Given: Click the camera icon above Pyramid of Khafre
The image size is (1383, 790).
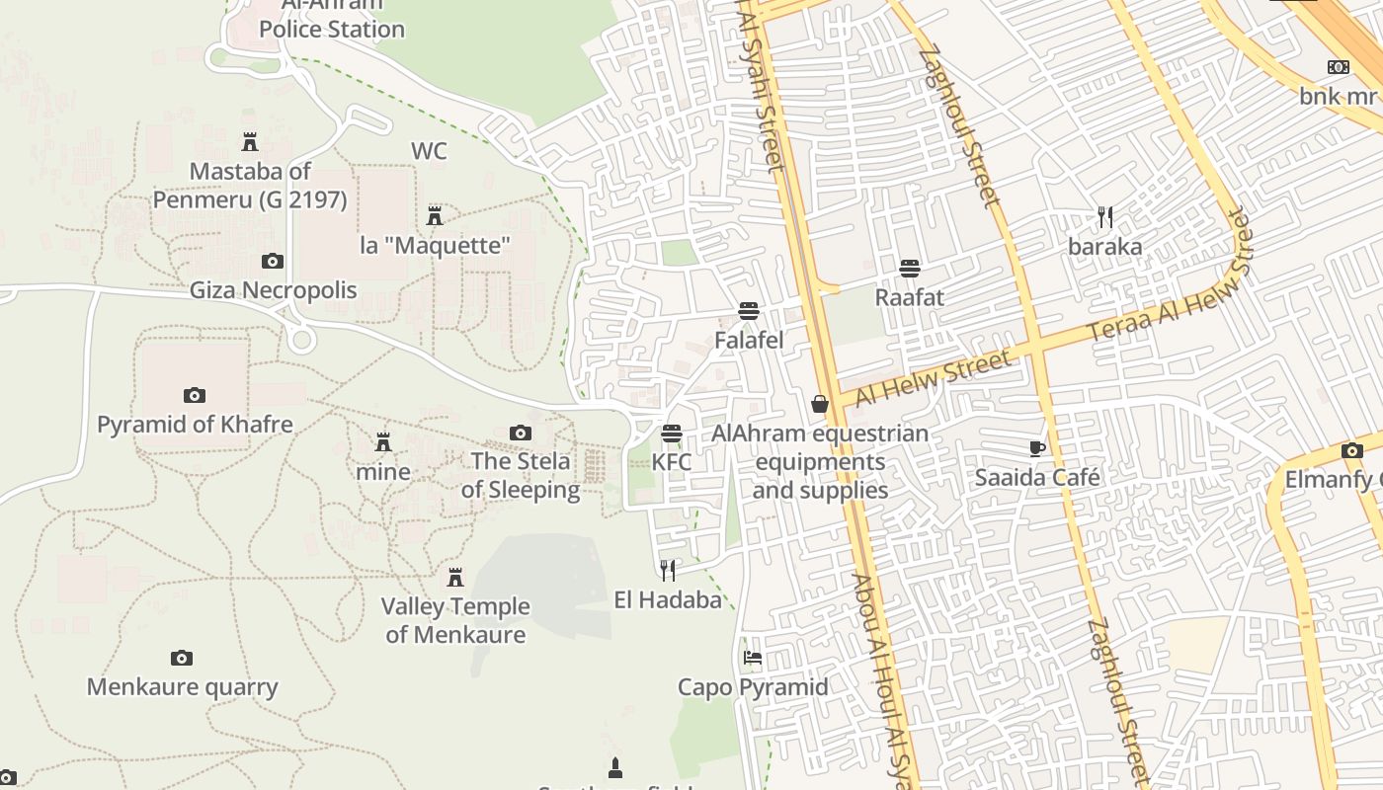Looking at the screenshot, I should pyautogui.click(x=195, y=395).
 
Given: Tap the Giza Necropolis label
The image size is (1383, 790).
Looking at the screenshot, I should pyautogui.click(x=273, y=290).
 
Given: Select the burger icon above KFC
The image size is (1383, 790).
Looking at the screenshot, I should pyautogui.click(x=672, y=433).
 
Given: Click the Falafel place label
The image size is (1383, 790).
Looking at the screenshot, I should pyautogui.click(x=749, y=341).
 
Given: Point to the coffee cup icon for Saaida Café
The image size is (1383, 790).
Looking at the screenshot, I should pyautogui.click(x=1037, y=448).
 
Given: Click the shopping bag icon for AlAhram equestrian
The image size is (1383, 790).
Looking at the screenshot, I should pyautogui.click(x=820, y=403).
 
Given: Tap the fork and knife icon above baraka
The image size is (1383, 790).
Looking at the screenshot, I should pyautogui.click(x=1105, y=216).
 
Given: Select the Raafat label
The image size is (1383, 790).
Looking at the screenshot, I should pyautogui.click(x=910, y=297).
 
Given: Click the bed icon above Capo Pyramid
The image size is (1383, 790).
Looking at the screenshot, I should pyautogui.click(x=753, y=657).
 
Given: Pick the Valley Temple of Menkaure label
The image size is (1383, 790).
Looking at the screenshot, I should pyautogui.click(x=455, y=620).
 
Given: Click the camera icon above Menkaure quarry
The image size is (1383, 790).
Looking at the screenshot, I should pyautogui.click(x=182, y=658).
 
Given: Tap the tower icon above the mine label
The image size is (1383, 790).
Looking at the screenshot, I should pyautogui.click(x=383, y=441).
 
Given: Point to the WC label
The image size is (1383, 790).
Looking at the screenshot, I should pyautogui.click(x=429, y=151).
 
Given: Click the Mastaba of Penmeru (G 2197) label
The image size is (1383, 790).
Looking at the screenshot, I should pyautogui.click(x=250, y=186).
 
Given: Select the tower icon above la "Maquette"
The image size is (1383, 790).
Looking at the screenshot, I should pyautogui.click(x=434, y=215).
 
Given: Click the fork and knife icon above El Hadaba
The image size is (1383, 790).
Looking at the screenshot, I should pyautogui.click(x=668, y=569).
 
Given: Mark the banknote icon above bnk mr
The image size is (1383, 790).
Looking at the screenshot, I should pyautogui.click(x=1339, y=67).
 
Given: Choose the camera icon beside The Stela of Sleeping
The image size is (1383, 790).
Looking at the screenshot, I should pyautogui.click(x=521, y=433).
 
